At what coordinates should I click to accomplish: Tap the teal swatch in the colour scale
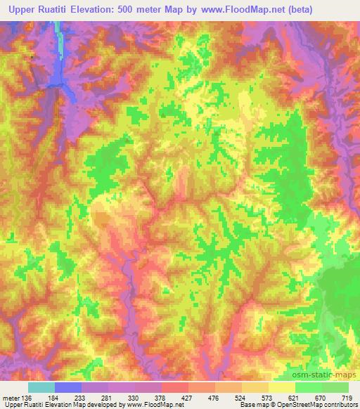41,387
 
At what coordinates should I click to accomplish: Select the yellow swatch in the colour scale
281,387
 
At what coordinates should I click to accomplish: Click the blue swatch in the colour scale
68,387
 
